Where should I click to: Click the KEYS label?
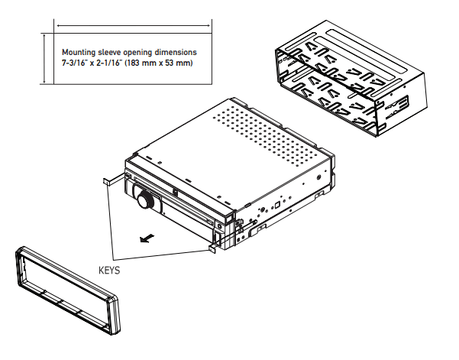pyautogui.click(x=109, y=270)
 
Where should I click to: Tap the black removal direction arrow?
pyautogui.click(x=147, y=238)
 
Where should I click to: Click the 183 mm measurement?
pyautogui.click(x=140, y=63)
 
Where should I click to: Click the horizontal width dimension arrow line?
pyautogui.click(x=134, y=26)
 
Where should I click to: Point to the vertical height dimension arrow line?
pyautogui.click(x=44, y=59)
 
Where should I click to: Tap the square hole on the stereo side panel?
pyautogui.click(x=277, y=205)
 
